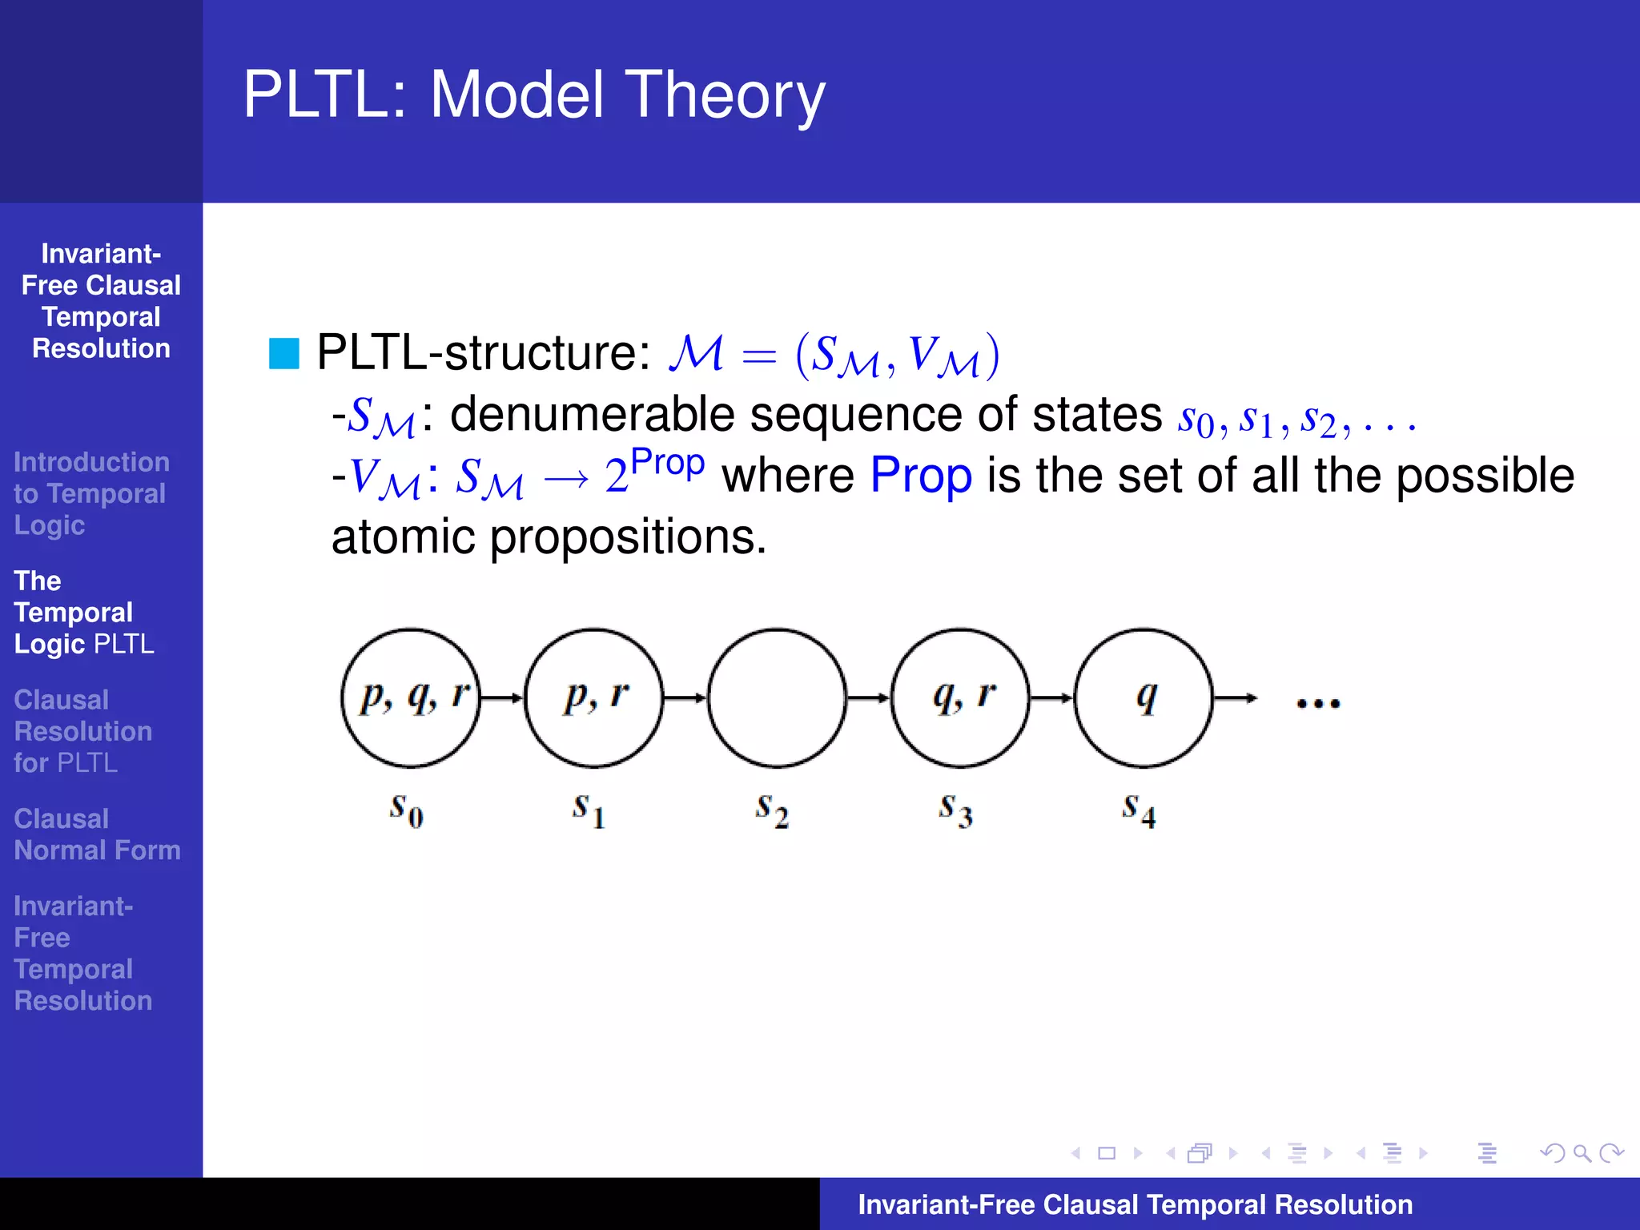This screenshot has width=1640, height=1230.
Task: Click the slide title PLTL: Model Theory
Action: (533, 94)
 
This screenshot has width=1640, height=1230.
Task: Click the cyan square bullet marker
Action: (283, 353)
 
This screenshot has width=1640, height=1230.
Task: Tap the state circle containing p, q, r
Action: (411, 697)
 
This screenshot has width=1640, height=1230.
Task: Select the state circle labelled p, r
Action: (594, 697)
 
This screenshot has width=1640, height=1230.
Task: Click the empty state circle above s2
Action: (777, 697)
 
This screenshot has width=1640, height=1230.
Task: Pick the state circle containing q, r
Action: (960, 697)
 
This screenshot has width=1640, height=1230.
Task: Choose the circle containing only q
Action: (1144, 697)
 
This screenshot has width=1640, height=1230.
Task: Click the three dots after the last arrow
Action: (1318, 703)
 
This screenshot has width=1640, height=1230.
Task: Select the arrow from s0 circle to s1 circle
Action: (502, 697)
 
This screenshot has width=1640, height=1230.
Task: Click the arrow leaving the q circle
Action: (1235, 698)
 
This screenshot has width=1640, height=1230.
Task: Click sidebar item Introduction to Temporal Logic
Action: (90, 493)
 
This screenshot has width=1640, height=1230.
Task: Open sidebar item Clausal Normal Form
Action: (96, 834)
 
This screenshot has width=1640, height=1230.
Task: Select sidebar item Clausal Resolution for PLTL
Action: (82, 731)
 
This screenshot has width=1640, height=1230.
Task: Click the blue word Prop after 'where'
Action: (921, 476)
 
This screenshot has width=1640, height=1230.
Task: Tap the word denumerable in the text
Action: (593, 415)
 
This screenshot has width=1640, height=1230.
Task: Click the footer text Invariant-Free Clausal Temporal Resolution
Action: (1135, 1204)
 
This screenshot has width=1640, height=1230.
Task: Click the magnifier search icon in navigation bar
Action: (1582, 1153)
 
